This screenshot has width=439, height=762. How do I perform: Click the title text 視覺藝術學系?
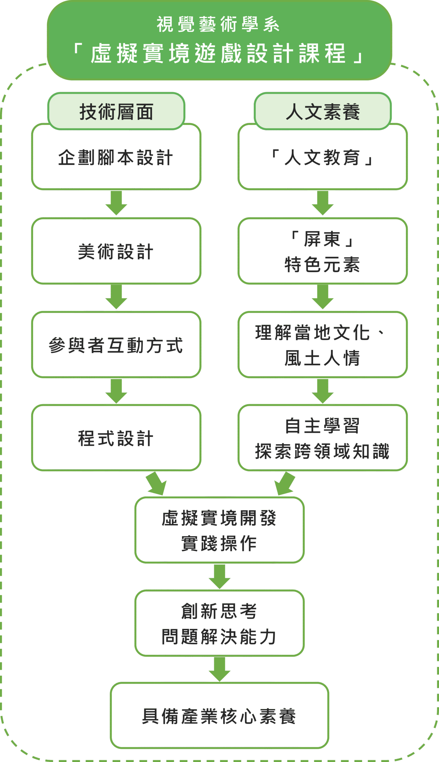tap(218, 24)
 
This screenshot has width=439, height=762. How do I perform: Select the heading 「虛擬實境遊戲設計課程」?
tap(218, 53)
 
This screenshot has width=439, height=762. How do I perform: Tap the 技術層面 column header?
tap(116, 112)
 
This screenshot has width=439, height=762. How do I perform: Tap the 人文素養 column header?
tap(323, 112)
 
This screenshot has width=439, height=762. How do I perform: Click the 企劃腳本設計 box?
tap(116, 157)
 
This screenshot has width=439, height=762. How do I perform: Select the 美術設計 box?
tap(116, 252)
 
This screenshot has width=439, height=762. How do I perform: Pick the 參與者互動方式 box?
tap(116, 345)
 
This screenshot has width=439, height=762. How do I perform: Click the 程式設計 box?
tap(116, 438)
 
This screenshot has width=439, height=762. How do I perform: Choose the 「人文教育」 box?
tap(323, 157)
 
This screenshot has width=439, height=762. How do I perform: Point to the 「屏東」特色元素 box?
tap(323, 252)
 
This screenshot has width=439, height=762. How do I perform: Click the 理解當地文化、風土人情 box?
tap(323, 345)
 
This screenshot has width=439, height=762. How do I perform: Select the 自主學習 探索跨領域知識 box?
tap(323, 438)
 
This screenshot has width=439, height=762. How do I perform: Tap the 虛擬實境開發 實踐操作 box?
tap(219, 531)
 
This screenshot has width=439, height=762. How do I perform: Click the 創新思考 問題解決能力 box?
tap(219, 624)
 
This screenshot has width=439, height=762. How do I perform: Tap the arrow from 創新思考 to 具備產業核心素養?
tap(219, 669)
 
